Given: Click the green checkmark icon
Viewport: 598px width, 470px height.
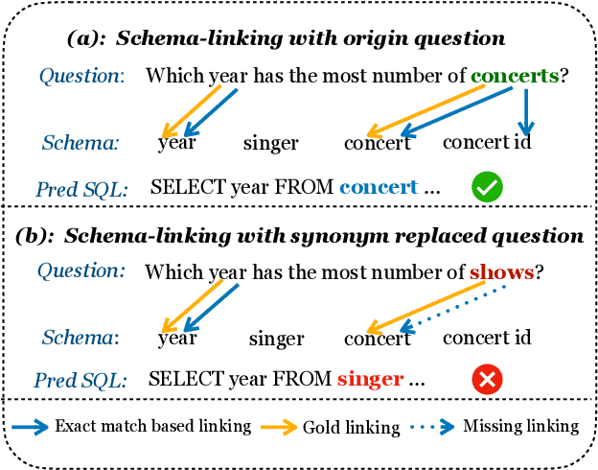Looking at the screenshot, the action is pyautogui.click(x=488, y=187).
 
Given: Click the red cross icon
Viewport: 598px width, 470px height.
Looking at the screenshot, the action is pyautogui.click(x=488, y=381).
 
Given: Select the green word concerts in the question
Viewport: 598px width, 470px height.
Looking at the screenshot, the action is pyautogui.click(x=514, y=75).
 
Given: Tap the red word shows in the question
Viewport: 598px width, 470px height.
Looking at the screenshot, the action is pyautogui.click(x=501, y=272).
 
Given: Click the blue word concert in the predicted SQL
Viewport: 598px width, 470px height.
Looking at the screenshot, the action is pyautogui.click(x=379, y=188).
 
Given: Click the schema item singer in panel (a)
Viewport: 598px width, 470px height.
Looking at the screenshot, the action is pyautogui.click(x=270, y=144).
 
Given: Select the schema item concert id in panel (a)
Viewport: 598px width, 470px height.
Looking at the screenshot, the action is pyautogui.click(x=487, y=142).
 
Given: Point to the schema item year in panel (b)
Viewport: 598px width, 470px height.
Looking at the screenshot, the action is pyautogui.click(x=177, y=338).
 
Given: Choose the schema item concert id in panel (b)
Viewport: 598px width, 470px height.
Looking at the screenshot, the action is pyautogui.click(x=487, y=338).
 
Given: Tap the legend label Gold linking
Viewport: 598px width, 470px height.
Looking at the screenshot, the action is pyautogui.click(x=352, y=428).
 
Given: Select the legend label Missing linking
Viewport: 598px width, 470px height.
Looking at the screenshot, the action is pyautogui.click(x=521, y=426).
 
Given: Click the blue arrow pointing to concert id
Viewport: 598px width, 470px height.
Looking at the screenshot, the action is pyautogui.click(x=524, y=111).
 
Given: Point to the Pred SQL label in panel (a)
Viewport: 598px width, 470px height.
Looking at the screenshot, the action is pyautogui.click(x=81, y=189).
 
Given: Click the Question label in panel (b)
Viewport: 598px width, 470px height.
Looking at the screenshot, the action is pyautogui.click(x=81, y=270).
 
